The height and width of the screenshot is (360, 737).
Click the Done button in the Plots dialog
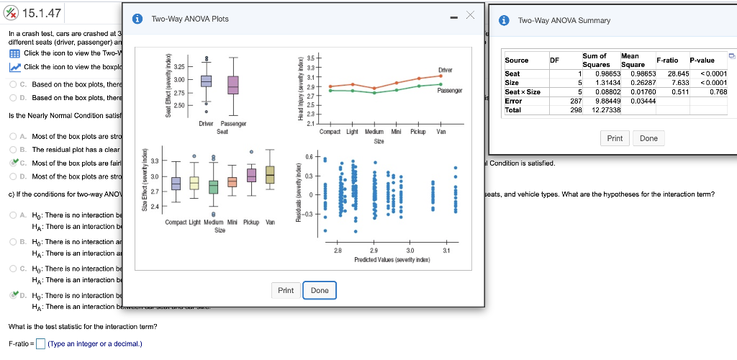click(x=320, y=290)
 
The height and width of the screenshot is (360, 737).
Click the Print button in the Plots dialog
click(x=286, y=290)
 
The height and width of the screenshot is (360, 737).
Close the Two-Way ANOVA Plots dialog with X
click(x=470, y=16)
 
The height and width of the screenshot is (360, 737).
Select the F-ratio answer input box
click(x=41, y=343)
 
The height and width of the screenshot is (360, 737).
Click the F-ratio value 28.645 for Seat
click(x=679, y=73)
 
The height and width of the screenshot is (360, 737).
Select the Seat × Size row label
click(x=523, y=91)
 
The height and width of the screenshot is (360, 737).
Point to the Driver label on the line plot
click(x=444, y=70)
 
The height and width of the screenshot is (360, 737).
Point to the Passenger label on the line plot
click(x=449, y=91)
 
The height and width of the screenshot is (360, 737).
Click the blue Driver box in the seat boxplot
click(x=207, y=81)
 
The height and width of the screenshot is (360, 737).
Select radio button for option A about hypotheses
click(x=14, y=215)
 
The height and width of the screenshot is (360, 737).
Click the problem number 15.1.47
click(x=42, y=13)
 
